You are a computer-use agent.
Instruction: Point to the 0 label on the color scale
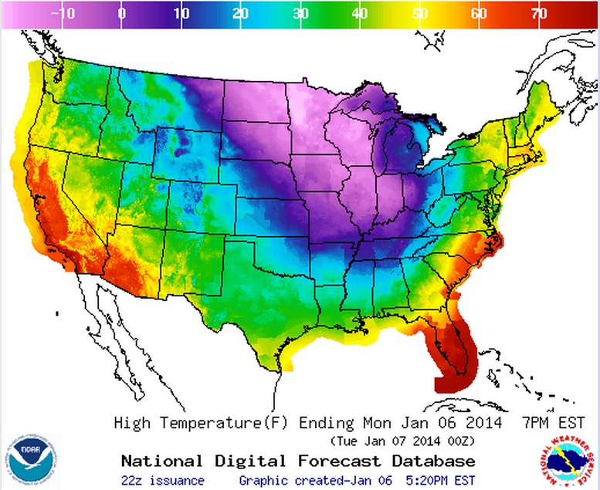122,13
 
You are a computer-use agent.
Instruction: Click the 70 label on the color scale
539,13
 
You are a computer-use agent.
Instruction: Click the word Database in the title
433,461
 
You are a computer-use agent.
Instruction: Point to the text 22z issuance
162,481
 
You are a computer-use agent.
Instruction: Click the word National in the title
159,461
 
